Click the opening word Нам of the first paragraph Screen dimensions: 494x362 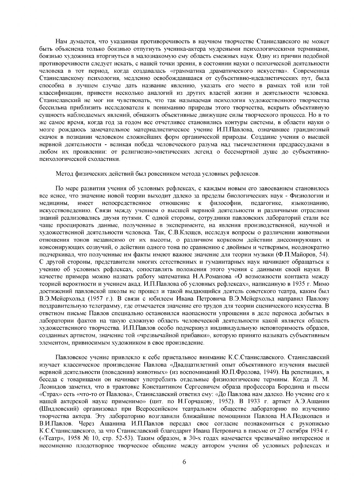coord(60,41)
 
